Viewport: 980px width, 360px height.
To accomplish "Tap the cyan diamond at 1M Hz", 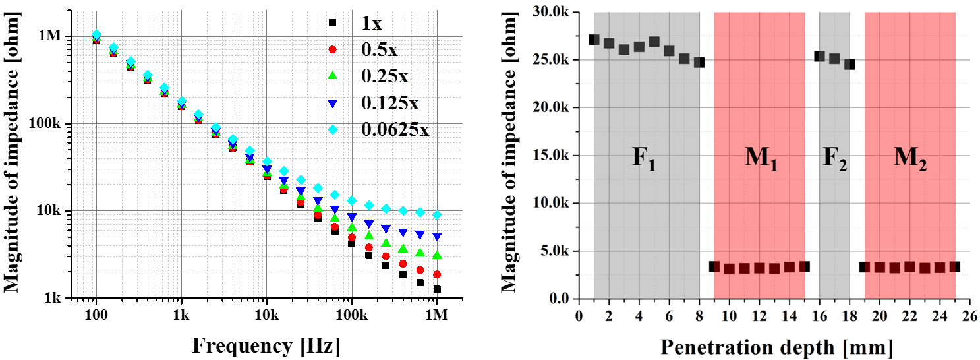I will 436,215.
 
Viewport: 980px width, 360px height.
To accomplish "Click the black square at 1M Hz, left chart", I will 436,289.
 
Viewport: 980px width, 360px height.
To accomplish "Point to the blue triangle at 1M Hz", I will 436,236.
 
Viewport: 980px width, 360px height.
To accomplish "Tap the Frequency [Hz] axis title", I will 266,345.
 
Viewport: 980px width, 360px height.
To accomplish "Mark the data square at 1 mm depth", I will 594,40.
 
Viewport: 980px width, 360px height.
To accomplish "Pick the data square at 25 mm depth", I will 954,267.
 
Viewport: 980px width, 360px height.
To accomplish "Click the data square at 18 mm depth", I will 850,65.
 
